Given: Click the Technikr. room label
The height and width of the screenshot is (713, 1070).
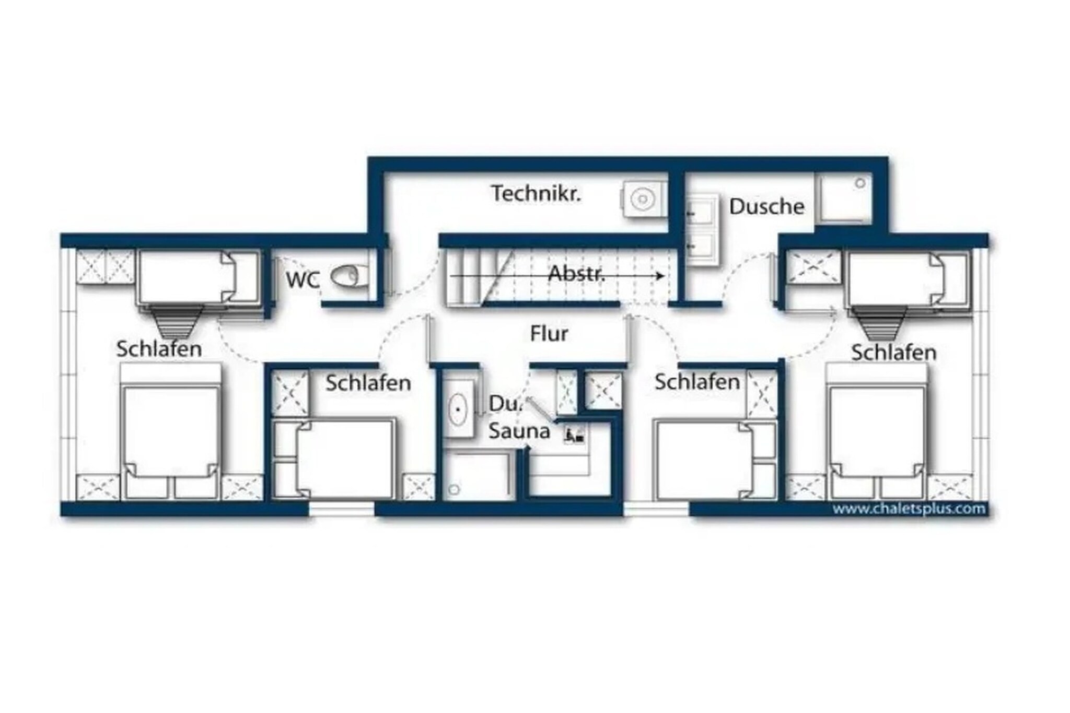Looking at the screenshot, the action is pyautogui.click(x=536, y=194).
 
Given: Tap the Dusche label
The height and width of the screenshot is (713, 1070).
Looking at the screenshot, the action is pyautogui.click(x=766, y=207).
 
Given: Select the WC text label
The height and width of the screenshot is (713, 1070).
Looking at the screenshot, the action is pyautogui.click(x=303, y=280).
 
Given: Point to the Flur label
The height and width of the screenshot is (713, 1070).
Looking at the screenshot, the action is pyautogui.click(x=549, y=334).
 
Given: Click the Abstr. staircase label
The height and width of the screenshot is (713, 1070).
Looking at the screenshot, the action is pyautogui.click(x=576, y=273).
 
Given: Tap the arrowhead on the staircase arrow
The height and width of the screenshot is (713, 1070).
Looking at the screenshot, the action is pyautogui.click(x=661, y=276).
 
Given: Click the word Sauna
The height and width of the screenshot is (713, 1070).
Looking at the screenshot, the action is pyautogui.click(x=519, y=431).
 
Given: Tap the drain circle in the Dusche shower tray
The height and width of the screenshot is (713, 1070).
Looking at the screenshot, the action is pyautogui.click(x=860, y=183).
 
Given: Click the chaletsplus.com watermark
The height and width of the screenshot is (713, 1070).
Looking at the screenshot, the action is pyautogui.click(x=909, y=508).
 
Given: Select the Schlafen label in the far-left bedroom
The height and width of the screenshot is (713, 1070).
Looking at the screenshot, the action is pyautogui.click(x=159, y=349).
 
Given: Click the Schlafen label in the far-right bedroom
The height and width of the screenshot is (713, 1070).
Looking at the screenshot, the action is pyautogui.click(x=893, y=353).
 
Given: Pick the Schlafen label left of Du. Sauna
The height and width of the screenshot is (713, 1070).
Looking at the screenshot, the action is pyautogui.click(x=368, y=383).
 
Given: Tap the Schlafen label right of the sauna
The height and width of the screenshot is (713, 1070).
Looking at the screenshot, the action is pyautogui.click(x=697, y=382).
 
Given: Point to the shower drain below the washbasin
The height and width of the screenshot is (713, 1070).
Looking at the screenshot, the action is pyautogui.click(x=454, y=489).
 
